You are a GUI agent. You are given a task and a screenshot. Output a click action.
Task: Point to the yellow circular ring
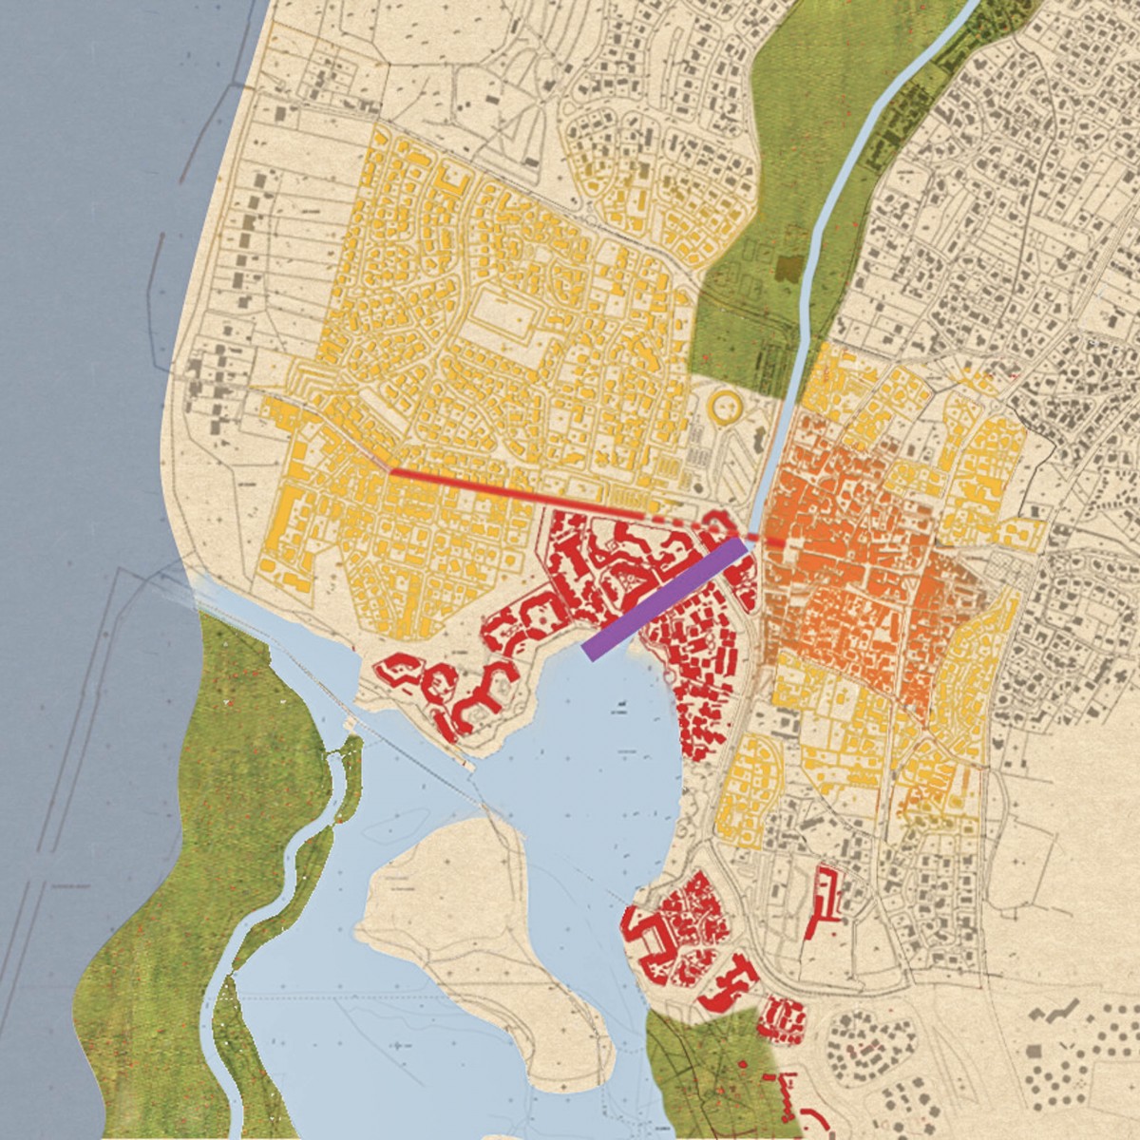point(728,407)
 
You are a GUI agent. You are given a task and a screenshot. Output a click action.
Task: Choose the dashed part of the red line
point(684,521)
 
